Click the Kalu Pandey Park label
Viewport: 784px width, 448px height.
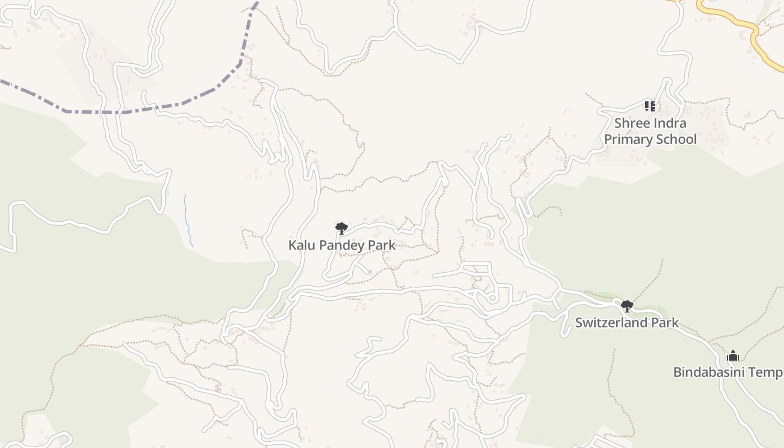click(342, 245)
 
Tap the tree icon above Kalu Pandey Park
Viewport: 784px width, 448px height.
click(341, 228)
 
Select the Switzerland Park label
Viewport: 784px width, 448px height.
click(627, 323)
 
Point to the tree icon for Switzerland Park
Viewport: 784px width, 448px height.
click(627, 306)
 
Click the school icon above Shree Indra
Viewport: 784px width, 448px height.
click(650, 106)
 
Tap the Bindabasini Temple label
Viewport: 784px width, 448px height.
click(728, 372)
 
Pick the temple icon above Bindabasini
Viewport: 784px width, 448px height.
click(732, 356)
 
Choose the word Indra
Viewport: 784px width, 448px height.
click(670, 123)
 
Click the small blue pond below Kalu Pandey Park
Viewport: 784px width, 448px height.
click(370, 272)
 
